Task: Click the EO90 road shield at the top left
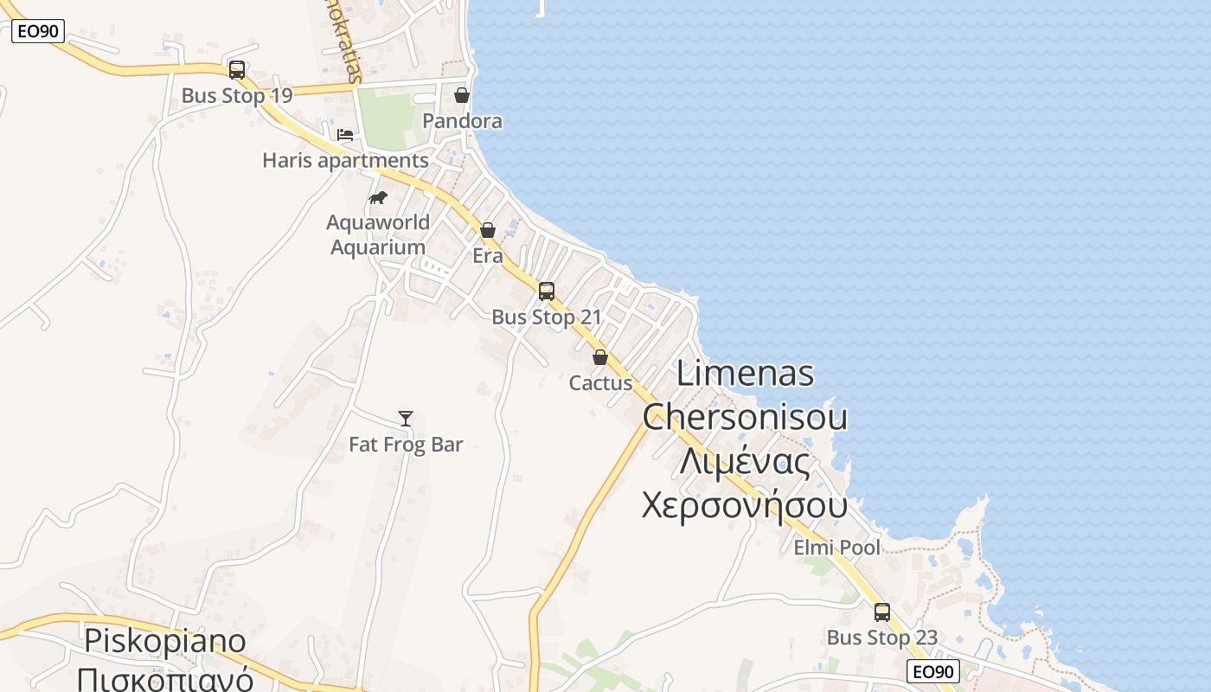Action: pyautogui.click(x=38, y=32)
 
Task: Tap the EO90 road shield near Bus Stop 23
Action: pyautogui.click(x=934, y=671)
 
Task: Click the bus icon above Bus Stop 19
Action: pyautogui.click(x=236, y=70)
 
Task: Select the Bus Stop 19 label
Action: pyautogui.click(x=237, y=95)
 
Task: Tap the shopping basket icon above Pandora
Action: pyautogui.click(x=462, y=95)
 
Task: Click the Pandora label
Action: pyautogui.click(x=462, y=121)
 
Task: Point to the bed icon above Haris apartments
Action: pyautogui.click(x=345, y=135)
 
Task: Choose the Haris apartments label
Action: pyautogui.click(x=345, y=161)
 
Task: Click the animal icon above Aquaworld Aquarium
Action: pyautogui.click(x=378, y=197)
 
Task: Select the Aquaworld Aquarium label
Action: pyautogui.click(x=378, y=234)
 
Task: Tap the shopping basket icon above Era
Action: pyautogui.click(x=488, y=230)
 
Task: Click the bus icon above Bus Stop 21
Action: pyautogui.click(x=547, y=292)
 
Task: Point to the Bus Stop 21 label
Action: pyautogui.click(x=547, y=317)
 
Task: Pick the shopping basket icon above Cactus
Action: pyautogui.click(x=600, y=357)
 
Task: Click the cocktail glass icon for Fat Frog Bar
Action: pyautogui.click(x=406, y=419)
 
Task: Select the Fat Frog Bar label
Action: pyautogui.click(x=406, y=445)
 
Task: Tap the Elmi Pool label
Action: pyautogui.click(x=836, y=548)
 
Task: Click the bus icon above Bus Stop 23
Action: pyautogui.click(x=882, y=612)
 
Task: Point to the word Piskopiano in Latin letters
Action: pyautogui.click(x=165, y=641)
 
